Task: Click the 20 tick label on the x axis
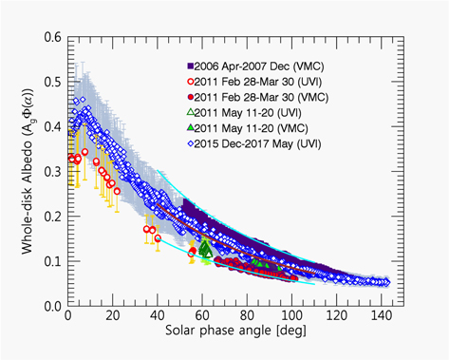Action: tap(113, 319)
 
